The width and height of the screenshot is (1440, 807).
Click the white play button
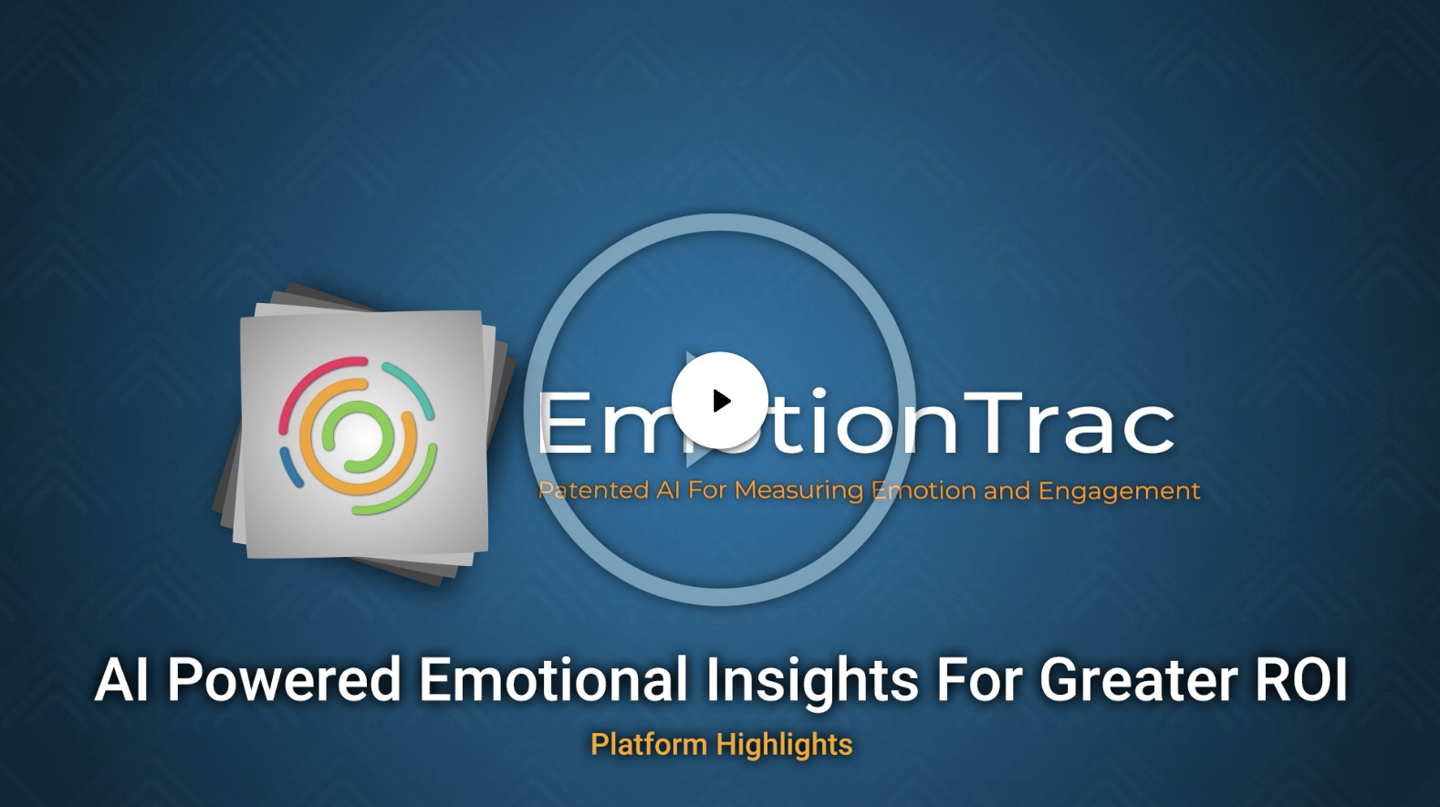[x=719, y=400]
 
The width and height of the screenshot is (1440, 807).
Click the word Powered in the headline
[x=285, y=681]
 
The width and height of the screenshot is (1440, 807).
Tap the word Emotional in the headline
[x=554, y=681]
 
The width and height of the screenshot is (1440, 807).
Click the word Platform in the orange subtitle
[x=649, y=745]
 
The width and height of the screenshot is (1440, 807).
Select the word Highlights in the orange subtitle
[x=784, y=746]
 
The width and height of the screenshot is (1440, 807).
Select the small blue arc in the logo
[x=291, y=466]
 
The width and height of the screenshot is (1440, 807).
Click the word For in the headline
[x=977, y=681]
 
